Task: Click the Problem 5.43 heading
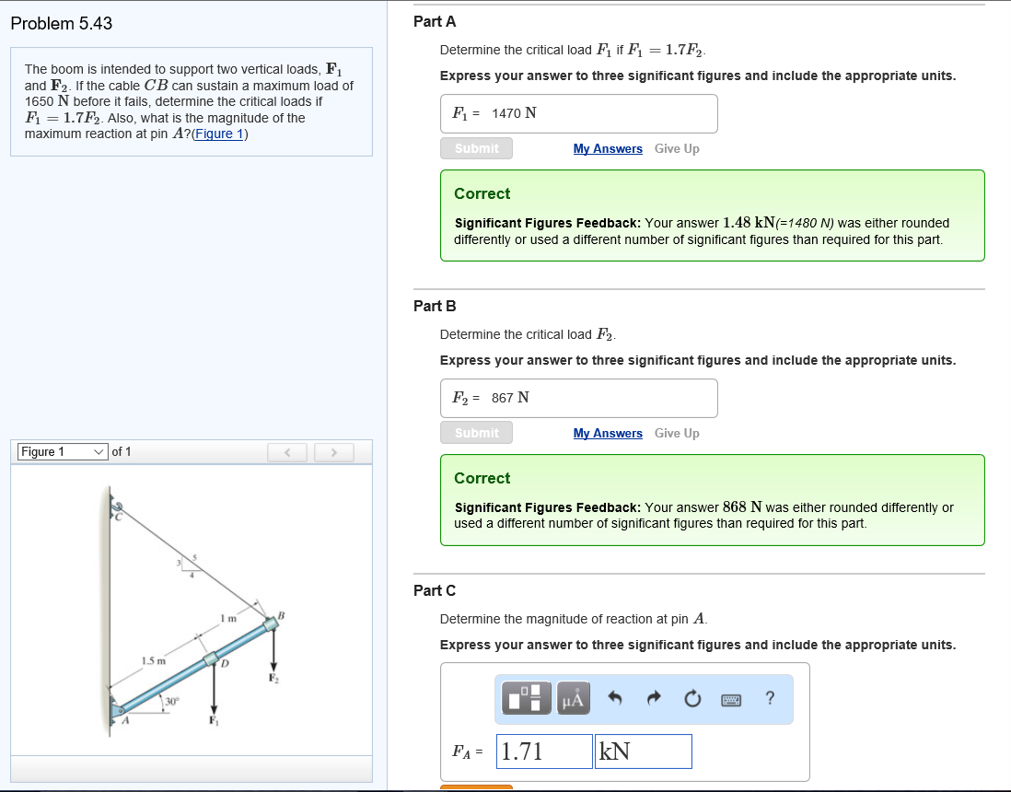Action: coord(62,24)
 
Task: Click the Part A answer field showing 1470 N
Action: coord(578,113)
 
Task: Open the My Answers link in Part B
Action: coord(608,433)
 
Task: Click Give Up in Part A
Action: coord(677,148)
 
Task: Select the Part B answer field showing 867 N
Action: coord(578,398)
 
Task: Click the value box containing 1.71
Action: coord(544,751)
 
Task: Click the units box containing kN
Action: coord(644,751)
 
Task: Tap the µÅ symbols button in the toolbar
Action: coord(571,700)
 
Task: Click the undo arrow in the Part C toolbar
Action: coord(615,700)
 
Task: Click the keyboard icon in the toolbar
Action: coord(731,700)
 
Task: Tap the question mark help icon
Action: coord(770,700)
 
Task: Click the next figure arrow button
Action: coord(334,452)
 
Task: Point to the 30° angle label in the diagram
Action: coord(170,702)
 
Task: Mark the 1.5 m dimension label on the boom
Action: coord(153,660)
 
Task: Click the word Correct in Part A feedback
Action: coord(482,193)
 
